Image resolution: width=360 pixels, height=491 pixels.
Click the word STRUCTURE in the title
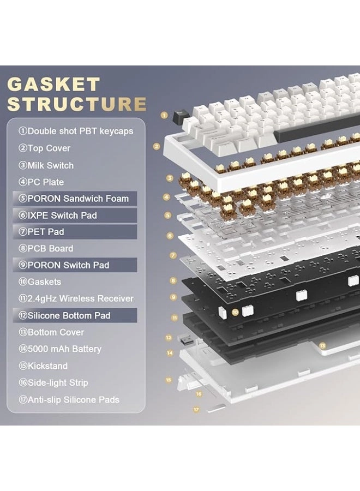coord(77,104)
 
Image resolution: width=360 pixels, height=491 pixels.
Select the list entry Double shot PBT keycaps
coord(76,131)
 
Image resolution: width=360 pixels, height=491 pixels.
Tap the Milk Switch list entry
coord(46,165)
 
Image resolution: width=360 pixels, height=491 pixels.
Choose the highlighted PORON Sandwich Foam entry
coord(75,199)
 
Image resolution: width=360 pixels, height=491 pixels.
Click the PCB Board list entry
coord(46,248)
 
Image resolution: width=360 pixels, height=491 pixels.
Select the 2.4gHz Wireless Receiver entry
coord(76,298)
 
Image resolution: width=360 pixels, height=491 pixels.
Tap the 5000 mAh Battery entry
coord(60,349)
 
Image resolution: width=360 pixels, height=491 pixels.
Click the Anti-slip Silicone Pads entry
coord(69,399)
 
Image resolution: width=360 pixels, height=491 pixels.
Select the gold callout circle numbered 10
coord(235,312)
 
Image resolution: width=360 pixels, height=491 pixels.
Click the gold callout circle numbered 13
coord(322,346)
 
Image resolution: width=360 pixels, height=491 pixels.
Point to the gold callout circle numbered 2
coord(157,146)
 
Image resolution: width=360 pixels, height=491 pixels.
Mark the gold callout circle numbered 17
coord(196,409)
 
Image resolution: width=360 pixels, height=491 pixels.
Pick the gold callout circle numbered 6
coord(170,236)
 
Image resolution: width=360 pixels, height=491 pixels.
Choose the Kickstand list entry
coord(43,366)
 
